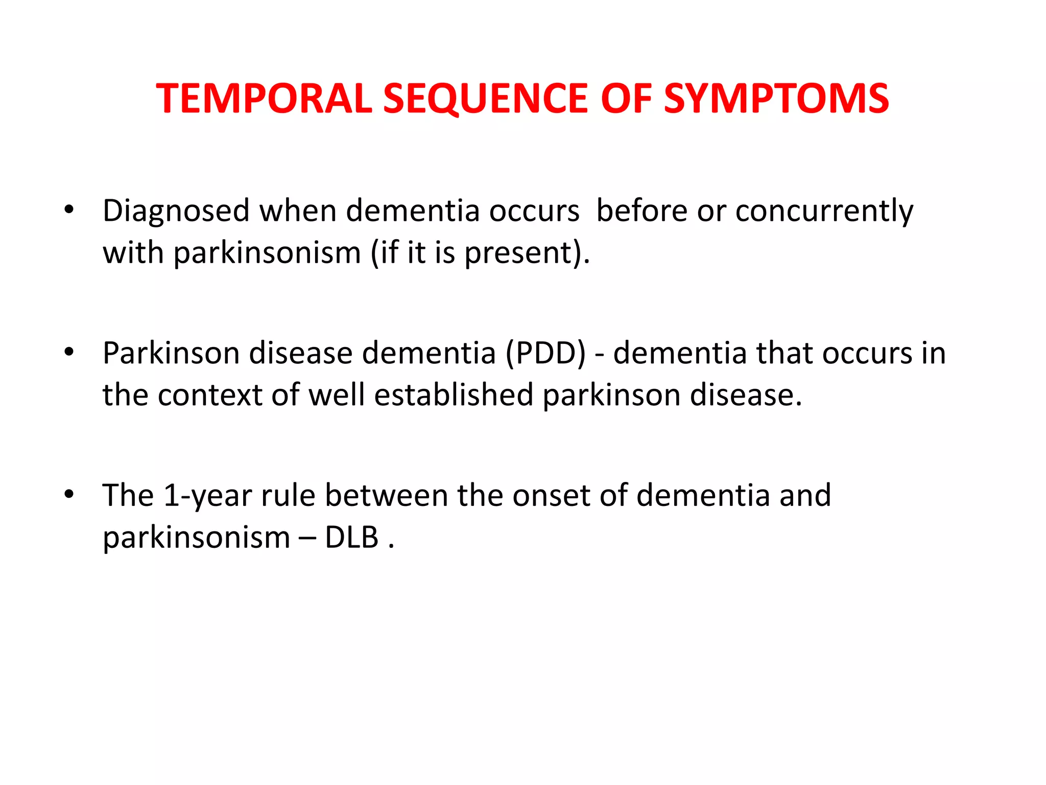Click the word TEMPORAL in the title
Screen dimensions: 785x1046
pyautogui.click(x=264, y=98)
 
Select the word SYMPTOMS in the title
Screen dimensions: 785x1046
pyautogui.click(x=776, y=98)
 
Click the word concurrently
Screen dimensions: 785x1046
pyautogui.click(x=824, y=211)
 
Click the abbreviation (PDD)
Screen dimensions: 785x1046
pyautogui.click(x=546, y=353)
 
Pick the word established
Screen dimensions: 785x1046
pyautogui.click(x=454, y=395)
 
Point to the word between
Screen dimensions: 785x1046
pyautogui.click(x=386, y=495)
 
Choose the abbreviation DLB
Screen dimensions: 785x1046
pyautogui.click(x=351, y=538)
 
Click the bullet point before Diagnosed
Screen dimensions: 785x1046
pyautogui.click(x=69, y=210)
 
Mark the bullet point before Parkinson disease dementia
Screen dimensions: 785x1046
pyautogui.click(x=69, y=352)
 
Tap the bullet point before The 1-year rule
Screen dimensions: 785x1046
pyautogui.click(x=69, y=494)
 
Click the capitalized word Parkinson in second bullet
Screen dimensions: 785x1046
pyautogui.click(x=170, y=353)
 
